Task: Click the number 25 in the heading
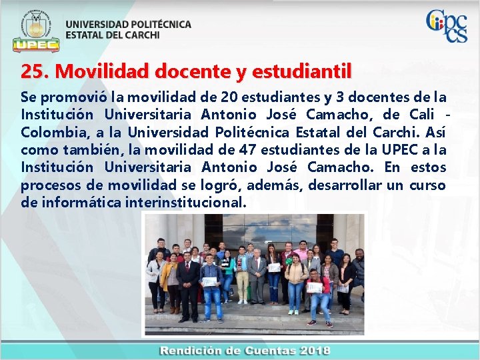click(x=31, y=71)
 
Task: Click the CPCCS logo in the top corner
click(x=446, y=25)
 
